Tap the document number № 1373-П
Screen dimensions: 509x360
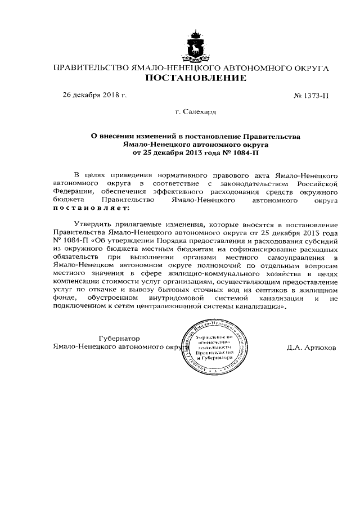[x=311, y=96]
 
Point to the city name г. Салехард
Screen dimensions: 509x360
[x=195, y=112]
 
